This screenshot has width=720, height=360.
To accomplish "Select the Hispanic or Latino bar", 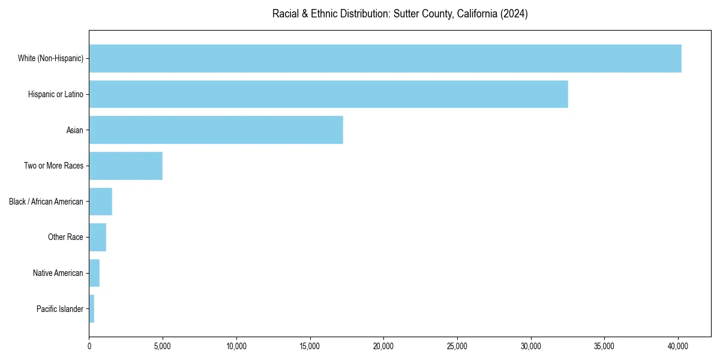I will (x=328, y=94).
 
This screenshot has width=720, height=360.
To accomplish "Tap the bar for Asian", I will (x=216, y=130).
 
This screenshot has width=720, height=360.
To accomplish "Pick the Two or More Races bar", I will (x=125, y=166).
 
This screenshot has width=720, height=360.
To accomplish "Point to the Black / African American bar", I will (x=100, y=202).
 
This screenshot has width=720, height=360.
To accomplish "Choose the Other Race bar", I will (x=97, y=237).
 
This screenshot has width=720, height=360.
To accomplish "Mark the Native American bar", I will (x=94, y=273).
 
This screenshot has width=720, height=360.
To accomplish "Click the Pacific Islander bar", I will (x=92, y=308).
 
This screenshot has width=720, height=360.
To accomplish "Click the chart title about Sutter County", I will (x=400, y=14).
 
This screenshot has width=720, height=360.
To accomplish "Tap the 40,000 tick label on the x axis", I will (x=678, y=346).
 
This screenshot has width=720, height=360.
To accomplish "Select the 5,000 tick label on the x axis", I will (x=163, y=346).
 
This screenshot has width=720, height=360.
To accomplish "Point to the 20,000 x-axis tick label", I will (x=383, y=346).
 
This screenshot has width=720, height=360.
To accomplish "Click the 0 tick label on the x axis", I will (x=89, y=346).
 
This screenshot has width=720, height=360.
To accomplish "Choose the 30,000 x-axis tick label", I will (x=531, y=346).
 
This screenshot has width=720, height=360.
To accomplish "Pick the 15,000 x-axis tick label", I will (x=310, y=346).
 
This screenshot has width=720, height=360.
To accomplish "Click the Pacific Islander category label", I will (x=60, y=309).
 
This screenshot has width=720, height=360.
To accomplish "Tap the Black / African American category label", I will (x=46, y=202).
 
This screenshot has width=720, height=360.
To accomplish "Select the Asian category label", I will (x=75, y=130).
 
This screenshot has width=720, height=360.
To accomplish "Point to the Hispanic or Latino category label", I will (x=56, y=94).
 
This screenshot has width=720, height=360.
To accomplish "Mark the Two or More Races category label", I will (x=54, y=166).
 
